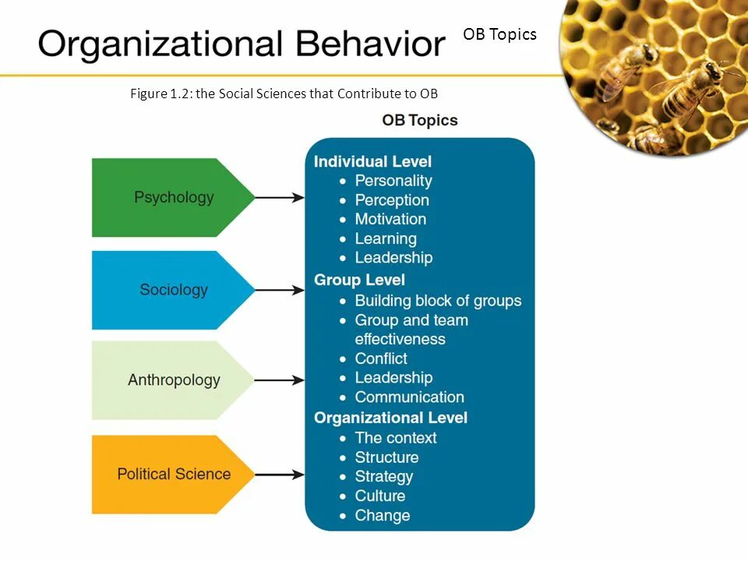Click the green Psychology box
click(173, 197)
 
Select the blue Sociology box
click(173, 290)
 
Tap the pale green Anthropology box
click(173, 380)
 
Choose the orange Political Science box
click(173, 474)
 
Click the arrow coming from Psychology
click(279, 198)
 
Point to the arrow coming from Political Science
click(279, 475)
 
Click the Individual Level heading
click(372, 162)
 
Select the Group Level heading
click(359, 280)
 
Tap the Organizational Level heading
click(390, 418)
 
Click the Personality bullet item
click(393, 181)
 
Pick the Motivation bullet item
click(390, 219)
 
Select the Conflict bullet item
click(381, 358)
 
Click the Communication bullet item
click(409, 397)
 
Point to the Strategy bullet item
click(384, 476)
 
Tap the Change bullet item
click(382, 515)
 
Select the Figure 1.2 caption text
click(284, 94)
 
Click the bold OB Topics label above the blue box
click(419, 121)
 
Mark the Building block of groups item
click(438, 301)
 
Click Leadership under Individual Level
click(393, 257)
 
